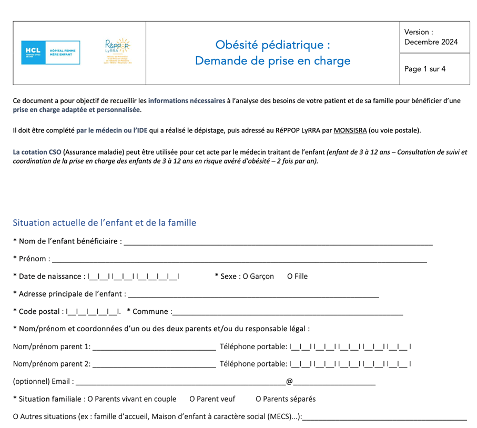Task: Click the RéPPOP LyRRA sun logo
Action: tap(117, 51)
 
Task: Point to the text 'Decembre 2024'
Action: tap(431, 42)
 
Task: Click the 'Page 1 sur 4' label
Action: tap(425, 69)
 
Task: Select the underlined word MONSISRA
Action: tap(350, 130)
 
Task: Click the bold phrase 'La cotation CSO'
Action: tap(37, 152)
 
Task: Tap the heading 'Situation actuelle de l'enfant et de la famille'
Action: tap(104, 222)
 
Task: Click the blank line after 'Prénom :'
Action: tap(239, 260)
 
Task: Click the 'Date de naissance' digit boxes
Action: tap(134, 277)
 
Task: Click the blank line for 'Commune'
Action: tap(287, 312)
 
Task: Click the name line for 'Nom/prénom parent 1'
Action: tap(154, 348)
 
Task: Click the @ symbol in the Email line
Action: tap(289, 381)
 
